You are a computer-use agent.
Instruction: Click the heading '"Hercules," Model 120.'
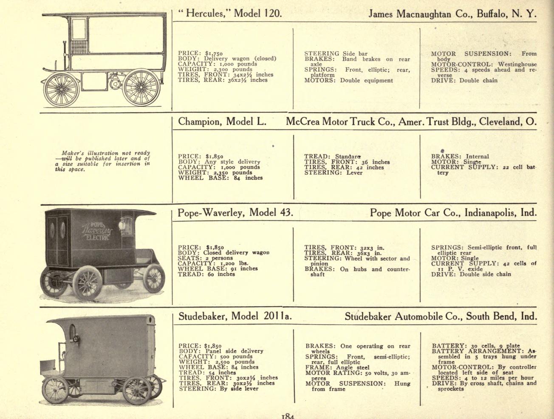(x=230, y=13)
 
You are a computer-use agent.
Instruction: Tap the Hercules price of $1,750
(x=214, y=53)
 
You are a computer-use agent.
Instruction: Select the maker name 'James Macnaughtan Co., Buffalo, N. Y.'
(x=452, y=13)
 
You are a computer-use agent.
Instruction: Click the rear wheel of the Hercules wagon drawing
(x=141, y=88)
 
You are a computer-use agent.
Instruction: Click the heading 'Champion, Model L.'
(x=222, y=122)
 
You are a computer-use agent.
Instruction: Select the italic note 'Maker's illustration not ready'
(x=106, y=153)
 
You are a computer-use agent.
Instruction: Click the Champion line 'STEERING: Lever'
(x=333, y=173)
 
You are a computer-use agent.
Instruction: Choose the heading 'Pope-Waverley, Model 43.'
(x=235, y=213)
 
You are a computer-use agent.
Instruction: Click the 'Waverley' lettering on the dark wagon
(x=97, y=230)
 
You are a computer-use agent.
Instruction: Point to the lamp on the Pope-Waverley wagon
(x=122, y=225)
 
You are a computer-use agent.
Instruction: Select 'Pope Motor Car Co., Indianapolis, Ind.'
(x=453, y=213)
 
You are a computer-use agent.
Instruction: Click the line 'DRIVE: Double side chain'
(x=471, y=274)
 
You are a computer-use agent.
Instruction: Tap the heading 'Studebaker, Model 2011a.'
(x=235, y=316)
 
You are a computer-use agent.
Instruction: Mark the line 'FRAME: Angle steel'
(x=337, y=368)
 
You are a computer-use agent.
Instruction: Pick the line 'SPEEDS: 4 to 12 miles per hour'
(x=483, y=378)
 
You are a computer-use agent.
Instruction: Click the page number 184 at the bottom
(x=288, y=416)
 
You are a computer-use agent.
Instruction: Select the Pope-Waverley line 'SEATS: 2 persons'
(x=205, y=258)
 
